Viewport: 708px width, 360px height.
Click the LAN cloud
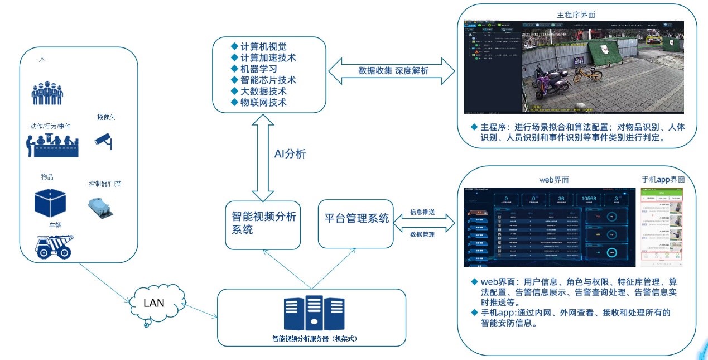click(x=154, y=304)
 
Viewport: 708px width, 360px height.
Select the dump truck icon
click(x=54, y=246)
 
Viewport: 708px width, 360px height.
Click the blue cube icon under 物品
click(x=50, y=203)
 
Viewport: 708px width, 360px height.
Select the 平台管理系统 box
click(x=357, y=219)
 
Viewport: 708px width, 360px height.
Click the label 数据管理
click(x=422, y=234)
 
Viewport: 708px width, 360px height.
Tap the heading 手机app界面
click(x=663, y=180)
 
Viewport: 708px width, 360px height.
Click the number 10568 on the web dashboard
click(x=593, y=199)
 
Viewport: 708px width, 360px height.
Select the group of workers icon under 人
click(x=47, y=94)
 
